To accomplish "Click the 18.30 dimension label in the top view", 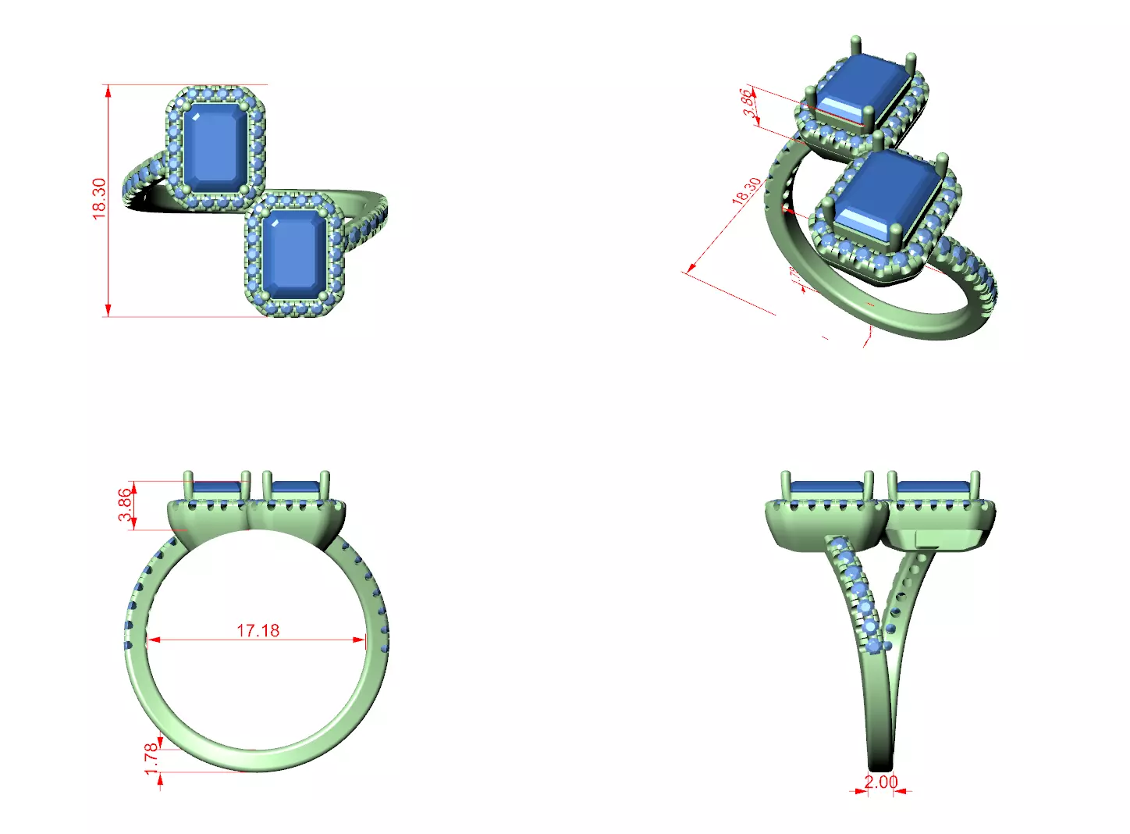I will coord(99,199).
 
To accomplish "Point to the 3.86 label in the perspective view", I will coord(748,103).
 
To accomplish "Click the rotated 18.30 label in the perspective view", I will coord(746,191).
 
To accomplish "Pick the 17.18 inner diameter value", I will coord(258,630).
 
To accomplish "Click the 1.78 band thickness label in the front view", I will coord(151,759).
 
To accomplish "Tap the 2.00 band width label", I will coord(880,782).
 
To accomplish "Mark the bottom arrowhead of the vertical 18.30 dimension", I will coord(108,310).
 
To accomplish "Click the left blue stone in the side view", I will coord(826,488).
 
